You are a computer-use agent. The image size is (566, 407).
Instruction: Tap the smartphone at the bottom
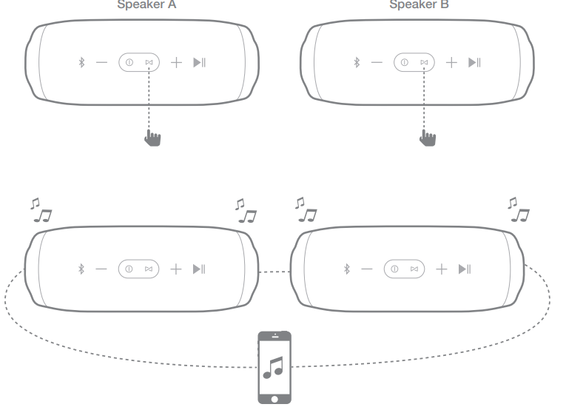[x=274, y=367]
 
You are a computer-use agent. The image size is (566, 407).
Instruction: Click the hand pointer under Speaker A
[x=153, y=138]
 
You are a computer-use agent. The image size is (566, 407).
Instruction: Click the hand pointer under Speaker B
[x=428, y=138]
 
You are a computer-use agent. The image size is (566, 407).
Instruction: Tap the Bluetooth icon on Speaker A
[x=82, y=63]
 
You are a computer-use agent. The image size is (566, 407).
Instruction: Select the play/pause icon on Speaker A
[x=199, y=63]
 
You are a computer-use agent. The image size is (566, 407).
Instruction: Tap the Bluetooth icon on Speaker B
[x=356, y=63]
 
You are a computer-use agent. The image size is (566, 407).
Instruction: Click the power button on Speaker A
[x=129, y=63]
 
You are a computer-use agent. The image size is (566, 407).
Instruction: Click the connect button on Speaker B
[x=424, y=63]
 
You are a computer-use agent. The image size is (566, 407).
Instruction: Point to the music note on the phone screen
[x=274, y=367]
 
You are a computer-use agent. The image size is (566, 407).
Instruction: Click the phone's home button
[x=274, y=397]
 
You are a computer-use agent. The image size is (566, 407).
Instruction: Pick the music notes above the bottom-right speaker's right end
[x=519, y=210]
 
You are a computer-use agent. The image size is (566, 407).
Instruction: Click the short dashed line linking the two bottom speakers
[x=274, y=272]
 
